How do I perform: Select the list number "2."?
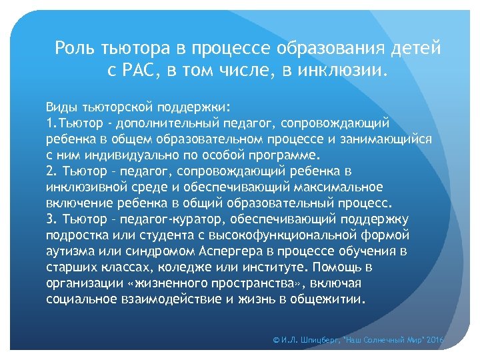coord(52,171)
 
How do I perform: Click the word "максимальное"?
coord(341,187)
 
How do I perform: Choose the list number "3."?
coord(52,219)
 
